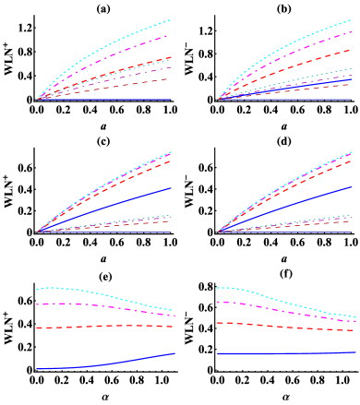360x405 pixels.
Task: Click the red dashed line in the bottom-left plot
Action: coord(102,326)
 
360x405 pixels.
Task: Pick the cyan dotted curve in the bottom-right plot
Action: coord(286,302)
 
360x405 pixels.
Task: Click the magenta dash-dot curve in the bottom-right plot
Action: coord(286,311)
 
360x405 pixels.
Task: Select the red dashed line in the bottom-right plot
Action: coord(286,327)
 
